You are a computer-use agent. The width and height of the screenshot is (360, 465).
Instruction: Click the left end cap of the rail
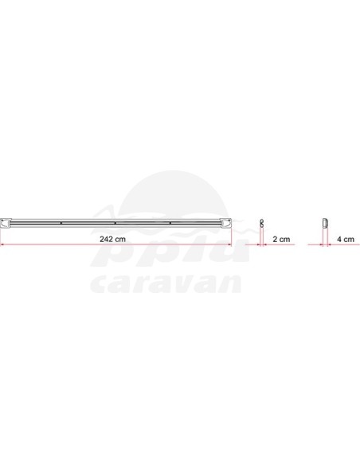coord(6,222)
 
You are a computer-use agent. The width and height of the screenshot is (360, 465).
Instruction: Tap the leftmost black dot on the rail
coord(62,222)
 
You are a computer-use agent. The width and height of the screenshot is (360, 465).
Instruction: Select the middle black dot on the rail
coord(116,222)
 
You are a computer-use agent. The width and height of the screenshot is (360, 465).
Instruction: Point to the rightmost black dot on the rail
coord(170,222)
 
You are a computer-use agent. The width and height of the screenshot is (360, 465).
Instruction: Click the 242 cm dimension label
coord(118,238)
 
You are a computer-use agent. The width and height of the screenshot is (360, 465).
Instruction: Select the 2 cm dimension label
coord(280,238)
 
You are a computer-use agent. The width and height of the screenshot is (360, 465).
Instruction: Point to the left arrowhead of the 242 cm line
coord(3,244)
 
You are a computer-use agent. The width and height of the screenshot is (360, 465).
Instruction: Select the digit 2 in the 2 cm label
coord(274,238)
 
